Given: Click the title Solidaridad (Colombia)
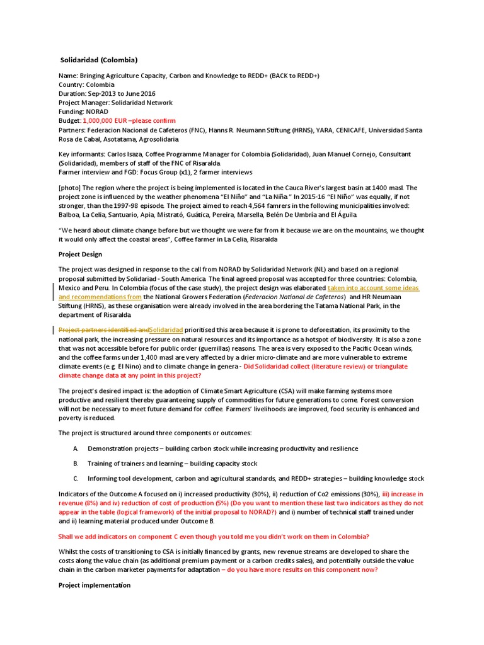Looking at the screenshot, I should tap(98, 60).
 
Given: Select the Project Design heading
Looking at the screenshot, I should tap(80, 254).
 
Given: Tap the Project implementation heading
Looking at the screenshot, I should tap(95, 585).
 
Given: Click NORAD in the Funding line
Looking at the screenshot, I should tap(98, 111).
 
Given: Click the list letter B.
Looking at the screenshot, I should tap(76, 464).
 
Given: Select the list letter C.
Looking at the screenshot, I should tap(76, 479).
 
